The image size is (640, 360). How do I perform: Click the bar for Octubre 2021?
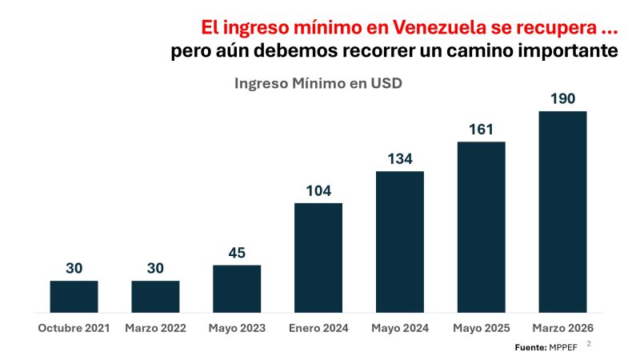[x=74, y=297]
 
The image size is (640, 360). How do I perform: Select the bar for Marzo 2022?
[x=155, y=297]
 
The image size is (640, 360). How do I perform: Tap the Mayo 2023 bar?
[x=237, y=289]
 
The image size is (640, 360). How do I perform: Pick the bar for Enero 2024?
[x=318, y=258]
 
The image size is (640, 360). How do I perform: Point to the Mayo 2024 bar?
[x=400, y=242]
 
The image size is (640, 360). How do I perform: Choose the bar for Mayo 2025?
[x=482, y=227]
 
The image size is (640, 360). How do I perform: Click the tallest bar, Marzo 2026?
[x=563, y=212]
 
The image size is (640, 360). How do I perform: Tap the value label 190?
[x=563, y=98]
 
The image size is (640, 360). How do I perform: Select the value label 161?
[x=482, y=130]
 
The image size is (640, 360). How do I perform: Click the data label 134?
[x=400, y=158]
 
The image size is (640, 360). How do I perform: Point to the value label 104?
[x=318, y=190]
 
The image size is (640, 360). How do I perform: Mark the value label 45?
[x=237, y=253]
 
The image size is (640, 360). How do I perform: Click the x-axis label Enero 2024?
[x=318, y=328]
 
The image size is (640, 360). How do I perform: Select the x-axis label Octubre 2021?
[x=74, y=328]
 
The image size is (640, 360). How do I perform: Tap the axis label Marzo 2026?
[x=563, y=328]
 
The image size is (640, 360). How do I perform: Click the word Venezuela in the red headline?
[x=439, y=28]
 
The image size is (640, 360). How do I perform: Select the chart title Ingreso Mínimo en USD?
[x=318, y=83]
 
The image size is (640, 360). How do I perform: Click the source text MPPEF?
[x=563, y=347]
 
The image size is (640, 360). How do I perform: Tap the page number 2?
[x=589, y=344]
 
